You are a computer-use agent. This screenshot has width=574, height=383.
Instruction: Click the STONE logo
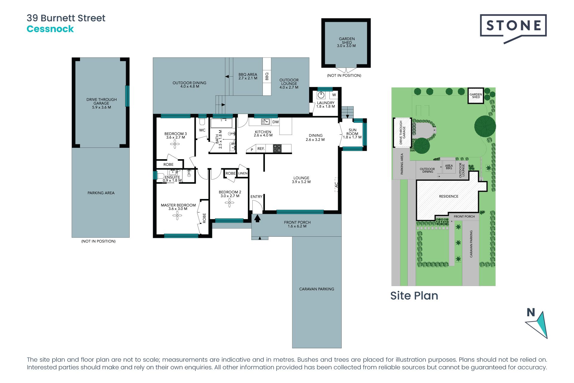[x=513, y=26]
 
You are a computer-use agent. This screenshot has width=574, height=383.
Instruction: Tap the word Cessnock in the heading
[x=50, y=29]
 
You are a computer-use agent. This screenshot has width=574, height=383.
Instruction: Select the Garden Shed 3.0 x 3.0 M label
[x=346, y=42]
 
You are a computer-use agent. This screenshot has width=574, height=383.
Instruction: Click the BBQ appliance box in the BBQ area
[x=267, y=76]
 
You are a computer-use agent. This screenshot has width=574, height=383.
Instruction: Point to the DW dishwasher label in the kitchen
[x=275, y=122]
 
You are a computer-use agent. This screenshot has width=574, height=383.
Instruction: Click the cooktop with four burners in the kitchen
[x=277, y=148]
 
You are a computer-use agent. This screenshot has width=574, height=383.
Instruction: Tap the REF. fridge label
[x=261, y=149]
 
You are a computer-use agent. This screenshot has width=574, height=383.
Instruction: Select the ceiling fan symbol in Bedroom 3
[x=175, y=144]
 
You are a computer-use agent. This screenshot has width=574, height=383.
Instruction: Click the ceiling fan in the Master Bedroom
[x=177, y=215]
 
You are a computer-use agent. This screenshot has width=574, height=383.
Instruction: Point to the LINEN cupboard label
[x=243, y=173]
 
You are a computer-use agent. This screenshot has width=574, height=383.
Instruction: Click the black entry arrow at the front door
[x=257, y=218]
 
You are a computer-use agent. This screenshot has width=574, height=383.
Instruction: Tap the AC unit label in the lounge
[x=336, y=185]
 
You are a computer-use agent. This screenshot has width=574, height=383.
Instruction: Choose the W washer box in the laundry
[x=334, y=95]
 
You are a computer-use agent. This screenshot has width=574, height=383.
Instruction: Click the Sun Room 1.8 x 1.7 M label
[x=352, y=134]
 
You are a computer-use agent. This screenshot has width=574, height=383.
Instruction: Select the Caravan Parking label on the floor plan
[x=317, y=289]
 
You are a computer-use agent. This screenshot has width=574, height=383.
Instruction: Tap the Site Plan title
[x=414, y=296]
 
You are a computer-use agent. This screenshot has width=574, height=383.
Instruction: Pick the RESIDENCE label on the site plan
[x=448, y=196]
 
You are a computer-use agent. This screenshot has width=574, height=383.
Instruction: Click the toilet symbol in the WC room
[x=202, y=122]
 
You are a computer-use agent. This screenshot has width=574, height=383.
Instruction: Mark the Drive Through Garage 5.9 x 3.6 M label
[x=101, y=103]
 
